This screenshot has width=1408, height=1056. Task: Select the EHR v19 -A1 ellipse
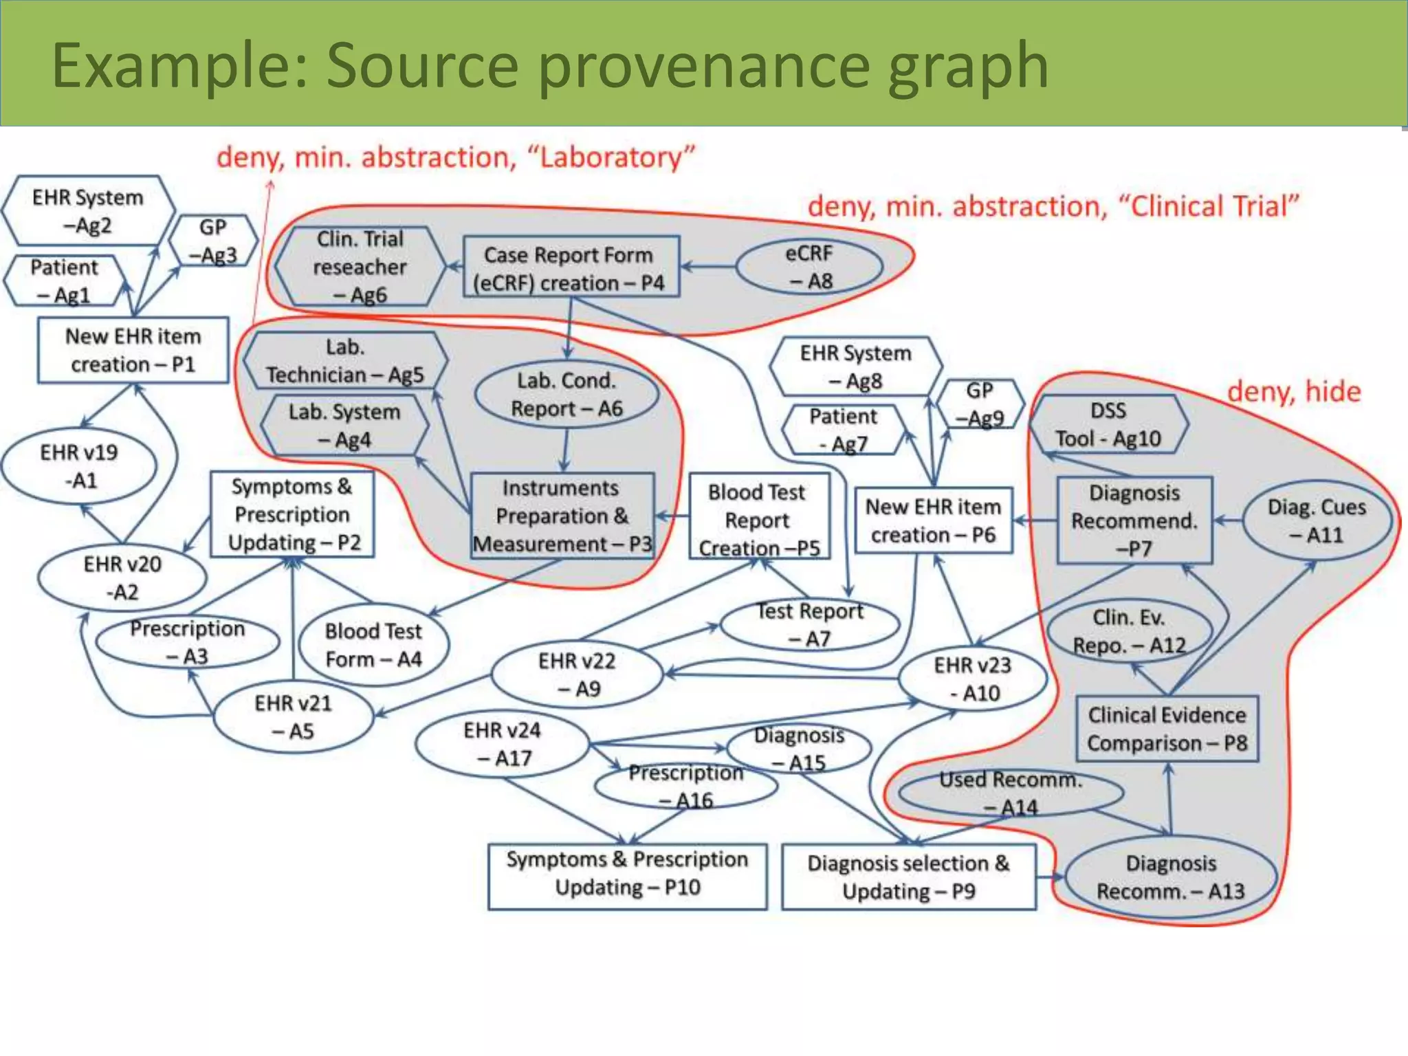(x=79, y=466)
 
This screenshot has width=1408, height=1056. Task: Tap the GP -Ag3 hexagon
(x=213, y=241)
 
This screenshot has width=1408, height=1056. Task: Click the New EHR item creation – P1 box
(x=133, y=350)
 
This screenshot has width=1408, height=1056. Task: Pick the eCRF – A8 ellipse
(x=809, y=267)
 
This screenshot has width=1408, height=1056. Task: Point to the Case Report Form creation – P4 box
(x=571, y=267)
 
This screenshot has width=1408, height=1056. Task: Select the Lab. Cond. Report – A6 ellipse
(x=566, y=395)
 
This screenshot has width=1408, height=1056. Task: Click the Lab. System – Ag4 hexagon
(x=344, y=425)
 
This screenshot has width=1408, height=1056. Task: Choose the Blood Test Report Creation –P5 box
(x=758, y=519)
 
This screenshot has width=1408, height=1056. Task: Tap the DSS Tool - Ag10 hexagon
(x=1108, y=424)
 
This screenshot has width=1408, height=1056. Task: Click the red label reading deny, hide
(x=1293, y=391)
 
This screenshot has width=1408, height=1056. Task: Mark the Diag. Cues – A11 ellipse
(x=1316, y=520)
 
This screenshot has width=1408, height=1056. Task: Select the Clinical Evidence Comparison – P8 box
(x=1167, y=729)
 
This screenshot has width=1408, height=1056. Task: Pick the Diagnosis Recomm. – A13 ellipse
(x=1170, y=877)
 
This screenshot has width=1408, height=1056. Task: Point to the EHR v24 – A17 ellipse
(x=503, y=744)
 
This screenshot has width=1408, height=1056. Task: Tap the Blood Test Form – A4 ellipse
(x=373, y=645)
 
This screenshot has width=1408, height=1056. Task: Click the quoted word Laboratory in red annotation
(x=610, y=157)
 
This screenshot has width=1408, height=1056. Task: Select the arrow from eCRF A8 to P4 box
(x=708, y=267)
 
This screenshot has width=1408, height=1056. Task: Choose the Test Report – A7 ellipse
(x=810, y=624)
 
